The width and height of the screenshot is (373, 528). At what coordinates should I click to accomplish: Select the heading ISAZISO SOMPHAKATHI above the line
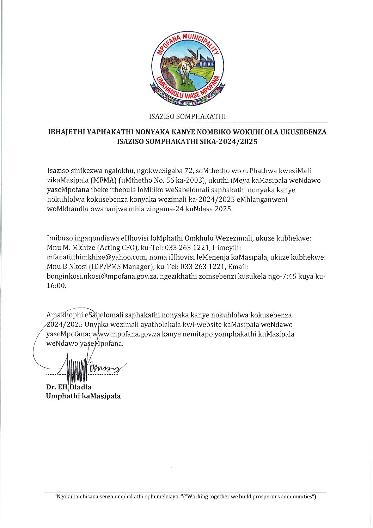click(x=187, y=116)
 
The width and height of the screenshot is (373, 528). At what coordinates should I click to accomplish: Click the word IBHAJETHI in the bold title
click(x=66, y=132)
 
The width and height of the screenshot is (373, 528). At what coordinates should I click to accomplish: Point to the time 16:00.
click(x=56, y=286)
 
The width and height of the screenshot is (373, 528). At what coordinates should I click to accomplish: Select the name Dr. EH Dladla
click(x=69, y=387)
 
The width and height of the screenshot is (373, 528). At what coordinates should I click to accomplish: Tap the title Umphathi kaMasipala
click(x=83, y=396)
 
